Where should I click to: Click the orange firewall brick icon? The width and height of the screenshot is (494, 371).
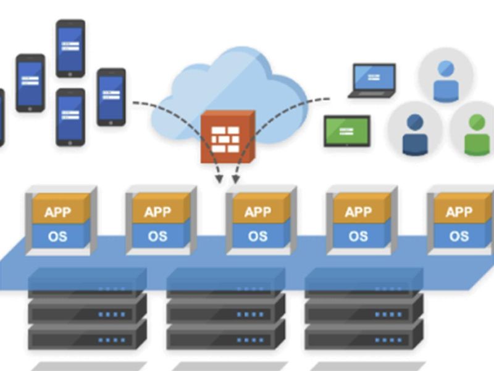tap(227, 137)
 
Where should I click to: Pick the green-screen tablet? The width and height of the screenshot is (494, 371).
tap(347, 130)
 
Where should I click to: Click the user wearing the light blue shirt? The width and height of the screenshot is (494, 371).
tap(446, 80)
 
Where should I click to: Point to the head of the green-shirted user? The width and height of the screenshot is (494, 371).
tap(476, 122)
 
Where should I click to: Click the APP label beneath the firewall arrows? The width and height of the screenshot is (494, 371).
tap(258, 212)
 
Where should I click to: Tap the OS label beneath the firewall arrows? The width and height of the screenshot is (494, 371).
tap(258, 236)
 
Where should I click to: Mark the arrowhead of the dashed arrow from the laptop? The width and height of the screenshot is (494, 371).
tap(235, 180)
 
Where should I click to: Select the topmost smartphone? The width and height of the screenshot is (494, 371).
tap(70, 48)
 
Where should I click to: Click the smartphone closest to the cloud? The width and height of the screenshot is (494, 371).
tap(111, 97)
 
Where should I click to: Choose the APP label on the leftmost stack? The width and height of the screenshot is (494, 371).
tap(58, 212)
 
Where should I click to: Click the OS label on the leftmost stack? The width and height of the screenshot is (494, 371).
tap(58, 236)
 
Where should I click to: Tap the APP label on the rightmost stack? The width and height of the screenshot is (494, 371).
tap(459, 212)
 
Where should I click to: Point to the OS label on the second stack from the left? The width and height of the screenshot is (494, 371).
tap(158, 236)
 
